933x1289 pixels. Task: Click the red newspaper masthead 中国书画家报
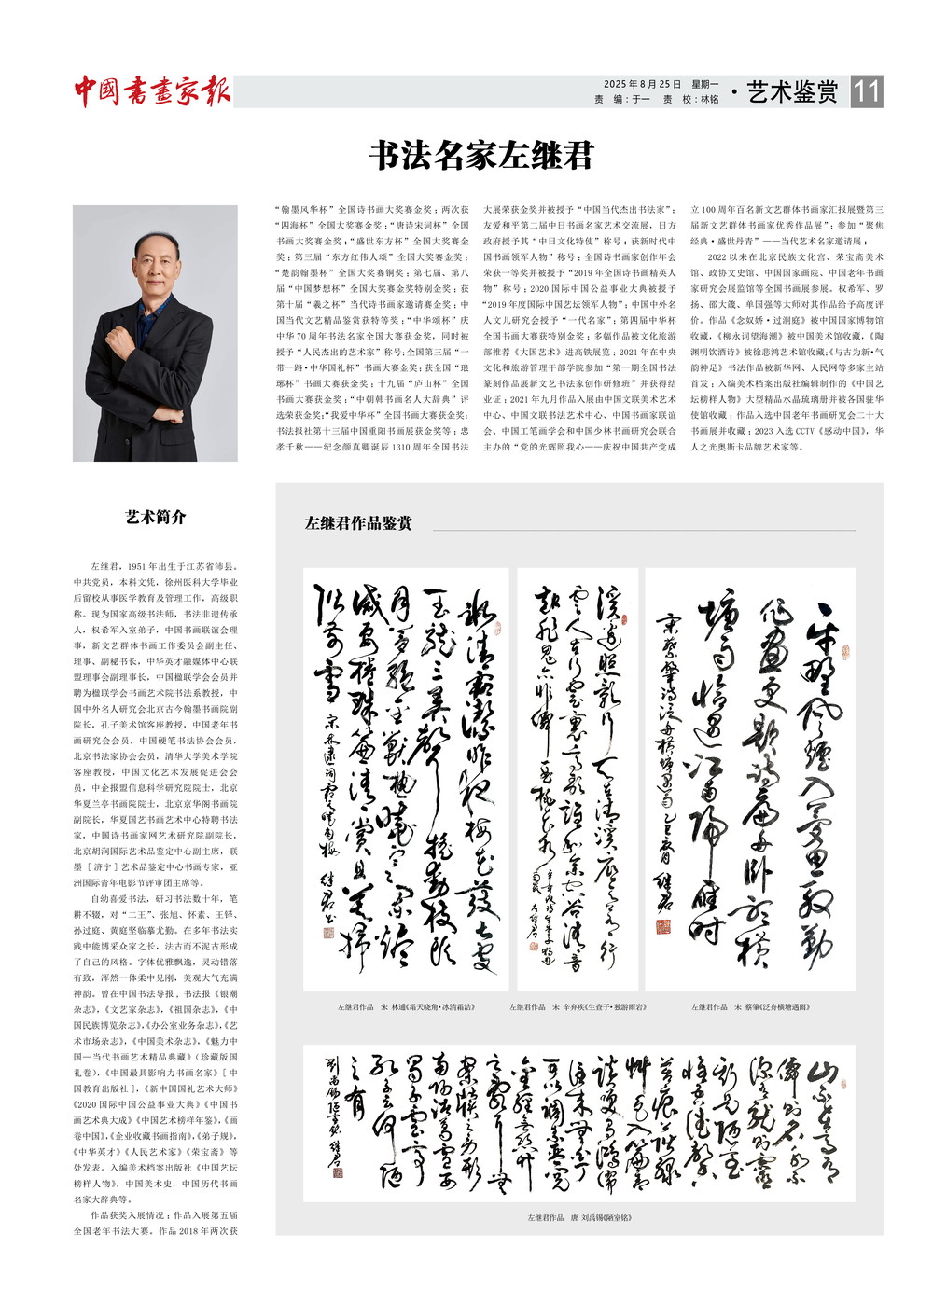click(x=152, y=91)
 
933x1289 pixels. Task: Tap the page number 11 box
click(x=866, y=91)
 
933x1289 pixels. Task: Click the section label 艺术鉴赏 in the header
click(x=792, y=91)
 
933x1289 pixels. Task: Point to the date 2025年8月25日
click(x=642, y=84)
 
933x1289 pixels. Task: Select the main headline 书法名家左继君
click(x=481, y=155)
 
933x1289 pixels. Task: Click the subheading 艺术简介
click(x=156, y=517)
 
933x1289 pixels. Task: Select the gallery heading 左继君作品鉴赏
click(x=358, y=523)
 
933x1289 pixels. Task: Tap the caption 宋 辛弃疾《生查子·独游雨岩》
click(x=578, y=1007)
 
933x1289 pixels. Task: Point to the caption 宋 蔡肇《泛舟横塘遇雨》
click(x=750, y=1007)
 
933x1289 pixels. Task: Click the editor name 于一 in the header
click(x=640, y=100)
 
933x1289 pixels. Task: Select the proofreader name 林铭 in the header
click(x=709, y=100)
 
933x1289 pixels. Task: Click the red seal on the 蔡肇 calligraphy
click(x=662, y=927)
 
